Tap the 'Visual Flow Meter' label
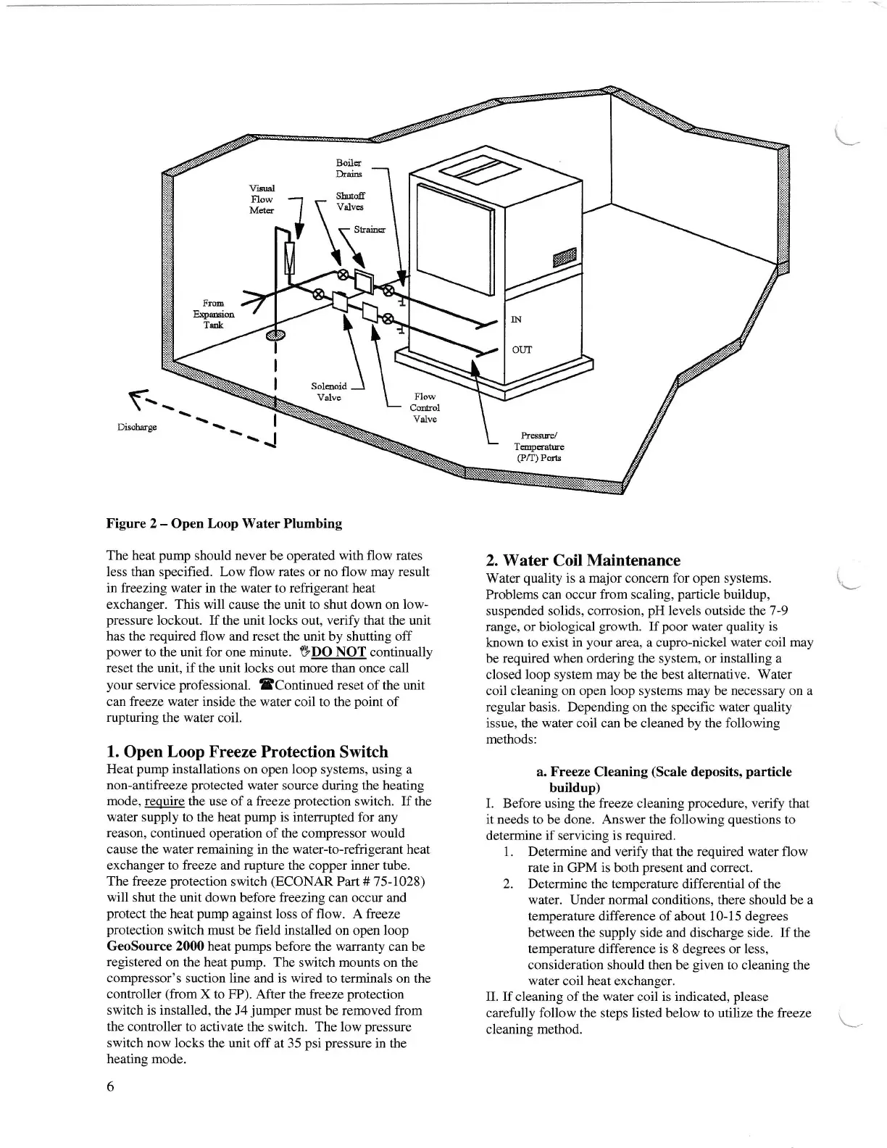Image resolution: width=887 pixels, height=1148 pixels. pyautogui.click(x=262, y=199)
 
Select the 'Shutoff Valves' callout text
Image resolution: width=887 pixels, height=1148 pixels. pyautogui.click(x=350, y=201)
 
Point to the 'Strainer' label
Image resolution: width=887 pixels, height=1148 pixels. pyautogui.click(x=370, y=230)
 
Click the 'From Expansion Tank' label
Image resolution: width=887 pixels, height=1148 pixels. pyautogui.click(x=213, y=314)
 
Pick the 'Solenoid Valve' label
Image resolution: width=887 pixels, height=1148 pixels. pyautogui.click(x=329, y=391)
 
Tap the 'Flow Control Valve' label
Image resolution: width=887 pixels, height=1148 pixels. pyautogui.click(x=425, y=407)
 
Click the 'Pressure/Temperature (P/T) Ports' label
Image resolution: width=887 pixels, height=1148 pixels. pyautogui.click(x=538, y=446)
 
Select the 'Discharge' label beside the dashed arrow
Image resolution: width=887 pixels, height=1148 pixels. pyautogui.click(x=137, y=426)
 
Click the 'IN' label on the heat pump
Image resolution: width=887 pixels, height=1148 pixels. pyautogui.click(x=517, y=319)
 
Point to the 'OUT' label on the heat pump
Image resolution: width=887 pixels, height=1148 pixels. pyautogui.click(x=522, y=349)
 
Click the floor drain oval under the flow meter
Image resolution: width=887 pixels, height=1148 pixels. pyautogui.click(x=276, y=335)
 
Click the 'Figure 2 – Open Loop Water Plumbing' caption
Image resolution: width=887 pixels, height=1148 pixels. pyautogui.click(x=224, y=523)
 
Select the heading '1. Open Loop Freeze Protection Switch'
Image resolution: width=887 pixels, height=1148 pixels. pyautogui.click(x=247, y=752)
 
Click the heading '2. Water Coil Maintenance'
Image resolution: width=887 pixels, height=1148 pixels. pyautogui.click(x=583, y=560)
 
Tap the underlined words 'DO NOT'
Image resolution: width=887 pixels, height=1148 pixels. pyautogui.click(x=338, y=652)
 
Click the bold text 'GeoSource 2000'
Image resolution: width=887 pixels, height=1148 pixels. pyautogui.click(x=149, y=947)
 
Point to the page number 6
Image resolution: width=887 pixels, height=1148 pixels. pyautogui.click(x=110, y=1086)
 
